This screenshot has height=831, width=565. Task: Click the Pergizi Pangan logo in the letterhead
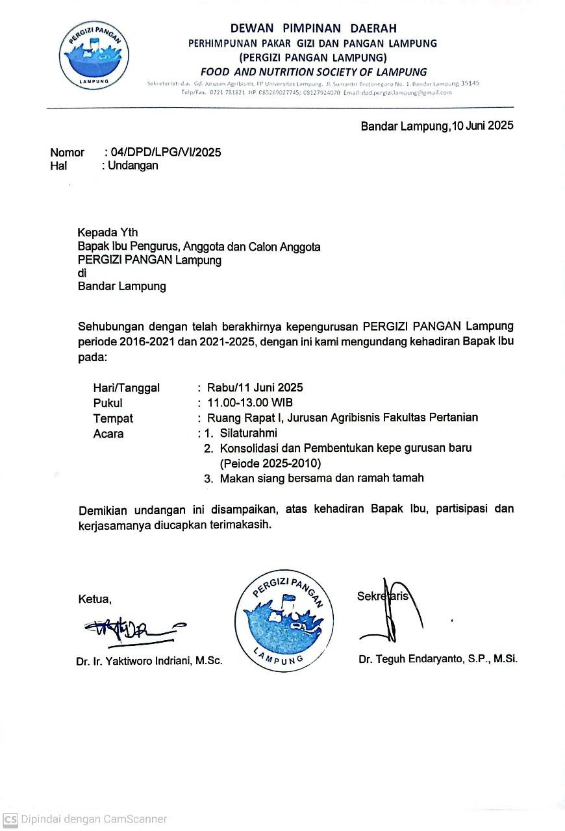[x=94, y=55]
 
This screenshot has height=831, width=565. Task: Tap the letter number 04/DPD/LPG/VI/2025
[x=166, y=153]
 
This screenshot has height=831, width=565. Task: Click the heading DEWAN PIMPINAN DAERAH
[x=313, y=28]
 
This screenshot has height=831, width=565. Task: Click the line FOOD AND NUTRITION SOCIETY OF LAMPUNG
[x=314, y=72]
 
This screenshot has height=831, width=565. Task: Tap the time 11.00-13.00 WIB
[x=249, y=403]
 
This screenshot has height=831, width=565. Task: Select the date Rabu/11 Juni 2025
[x=255, y=388]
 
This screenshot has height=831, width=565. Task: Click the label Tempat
[x=113, y=419]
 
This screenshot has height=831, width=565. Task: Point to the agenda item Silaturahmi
[x=248, y=433]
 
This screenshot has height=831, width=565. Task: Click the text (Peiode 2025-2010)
[x=270, y=464]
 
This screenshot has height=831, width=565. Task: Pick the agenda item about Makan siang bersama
[x=321, y=478]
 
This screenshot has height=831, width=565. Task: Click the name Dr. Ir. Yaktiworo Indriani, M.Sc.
[x=149, y=662]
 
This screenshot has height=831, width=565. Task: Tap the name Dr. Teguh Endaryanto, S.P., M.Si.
[x=438, y=659]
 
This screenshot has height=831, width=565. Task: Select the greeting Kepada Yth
[x=108, y=232]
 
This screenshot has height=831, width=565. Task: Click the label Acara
[x=108, y=434]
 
